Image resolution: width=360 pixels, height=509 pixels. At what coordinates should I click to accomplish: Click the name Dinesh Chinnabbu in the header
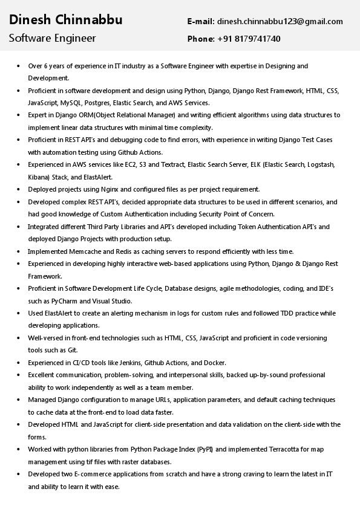click(65, 20)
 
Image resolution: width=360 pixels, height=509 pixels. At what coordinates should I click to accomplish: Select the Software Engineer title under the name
click(52, 38)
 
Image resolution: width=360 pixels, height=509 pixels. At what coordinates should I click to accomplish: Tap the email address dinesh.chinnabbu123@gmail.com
click(280, 21)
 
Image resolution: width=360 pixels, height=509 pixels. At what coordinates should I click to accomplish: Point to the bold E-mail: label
click(201, 21)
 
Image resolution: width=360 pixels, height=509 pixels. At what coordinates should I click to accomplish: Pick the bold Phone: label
click(201, 39)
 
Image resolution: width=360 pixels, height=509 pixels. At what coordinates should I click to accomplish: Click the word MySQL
click(71, 103)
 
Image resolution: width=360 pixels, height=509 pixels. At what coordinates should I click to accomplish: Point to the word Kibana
click(39, 177)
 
